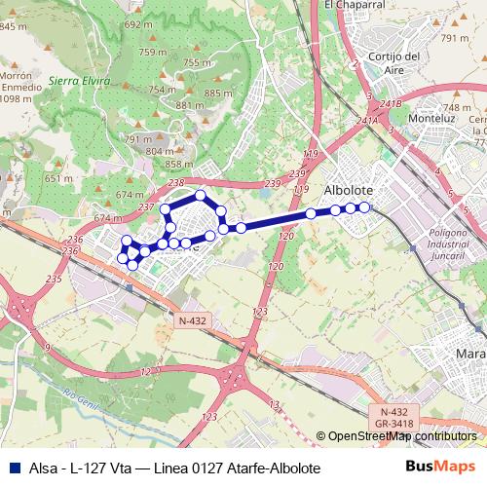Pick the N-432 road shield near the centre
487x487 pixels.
point(192,319)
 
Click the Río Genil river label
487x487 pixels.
point(80,394)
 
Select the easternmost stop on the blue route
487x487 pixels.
point(364,206)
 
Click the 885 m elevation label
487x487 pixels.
point(218,94)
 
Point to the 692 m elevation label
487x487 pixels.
point(138,23)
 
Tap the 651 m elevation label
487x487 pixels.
point(58,178)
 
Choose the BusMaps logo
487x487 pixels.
point(438,468)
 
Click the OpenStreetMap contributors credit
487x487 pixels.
point(401,436)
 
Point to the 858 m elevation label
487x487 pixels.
point(178,164)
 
